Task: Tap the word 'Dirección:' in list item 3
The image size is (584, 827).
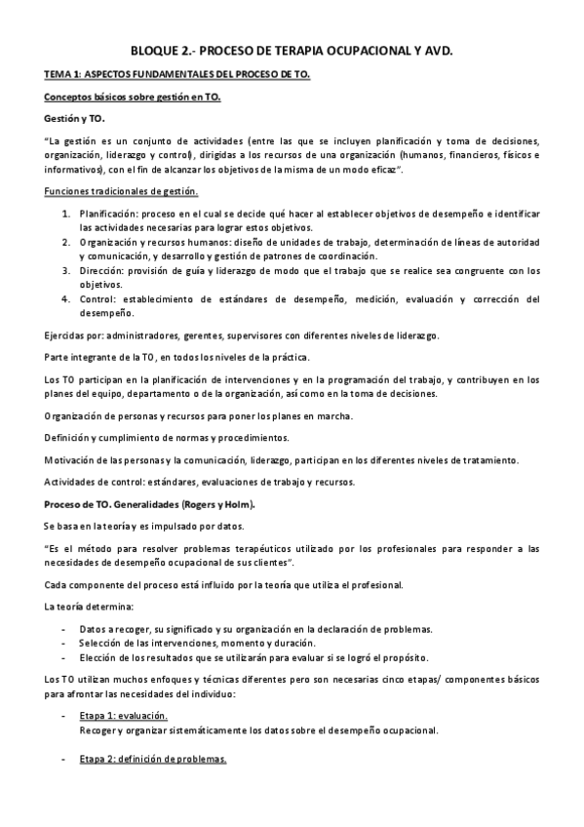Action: click(x=100, y=270)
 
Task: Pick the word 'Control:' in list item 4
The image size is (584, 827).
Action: click(x=98, y=299)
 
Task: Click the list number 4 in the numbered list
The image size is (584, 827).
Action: click(x=65, y=299)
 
